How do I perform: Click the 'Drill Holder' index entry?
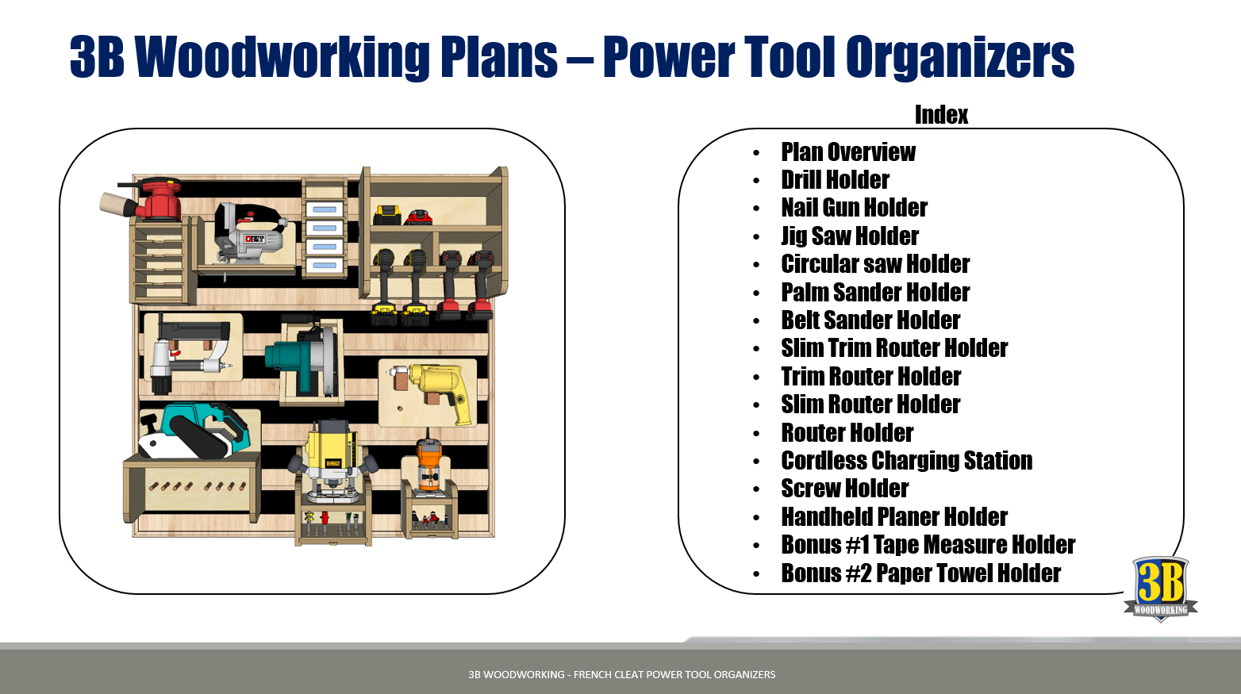835,180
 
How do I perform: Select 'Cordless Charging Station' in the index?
907,461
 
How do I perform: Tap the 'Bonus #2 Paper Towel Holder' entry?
920,573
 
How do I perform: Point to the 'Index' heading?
941,115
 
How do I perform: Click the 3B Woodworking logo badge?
1161,589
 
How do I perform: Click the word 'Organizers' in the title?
960,56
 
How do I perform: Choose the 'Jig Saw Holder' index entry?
850,236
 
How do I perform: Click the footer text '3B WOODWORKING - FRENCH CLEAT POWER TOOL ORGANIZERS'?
621,675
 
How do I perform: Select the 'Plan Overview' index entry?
848,151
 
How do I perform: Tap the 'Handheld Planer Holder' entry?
894,517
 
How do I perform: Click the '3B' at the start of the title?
97,56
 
